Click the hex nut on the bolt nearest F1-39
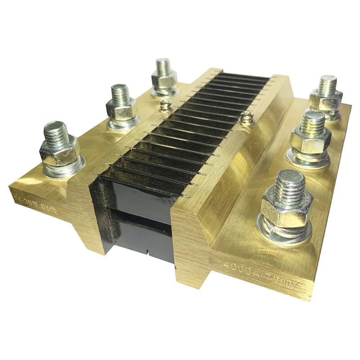click(x=59, y=151)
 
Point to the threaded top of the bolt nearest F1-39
click(x=56, y=130)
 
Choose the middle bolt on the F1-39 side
click(x=121, y=104)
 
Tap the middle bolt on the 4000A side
click(x=311, y=135)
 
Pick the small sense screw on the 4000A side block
click(x=245, y=118)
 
